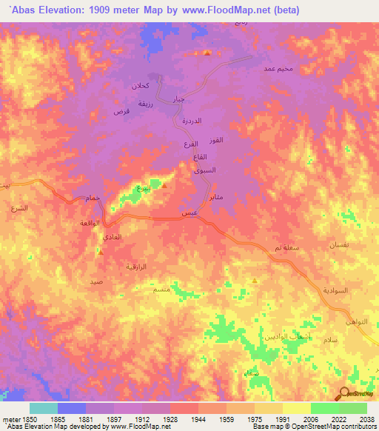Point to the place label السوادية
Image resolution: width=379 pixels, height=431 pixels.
(x=335, y=290)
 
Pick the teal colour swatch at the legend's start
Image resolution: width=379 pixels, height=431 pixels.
(x=43, y=408)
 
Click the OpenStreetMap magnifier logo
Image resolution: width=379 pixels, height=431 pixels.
(x=344, y=395)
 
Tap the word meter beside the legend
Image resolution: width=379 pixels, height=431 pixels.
(x=13, y=419)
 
